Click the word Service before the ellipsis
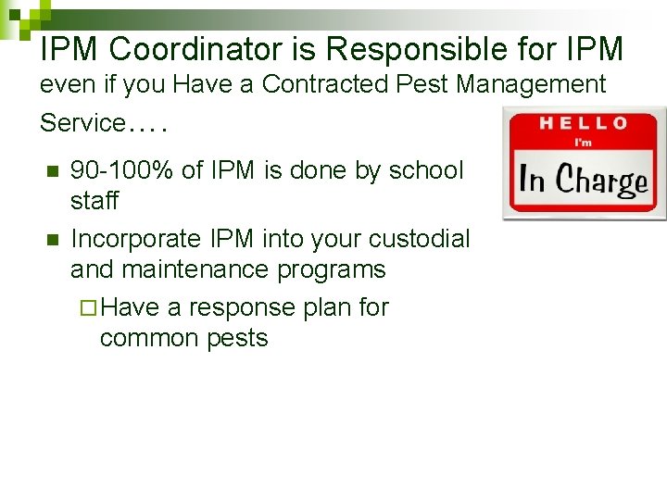[x=82, y=122]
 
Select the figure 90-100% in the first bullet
[x=120, y=170]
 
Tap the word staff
[x=94, y=201]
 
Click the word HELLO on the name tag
[x=585, y=122]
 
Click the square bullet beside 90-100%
[x=52, y=171]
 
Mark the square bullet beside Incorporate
[x=52, y=240]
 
